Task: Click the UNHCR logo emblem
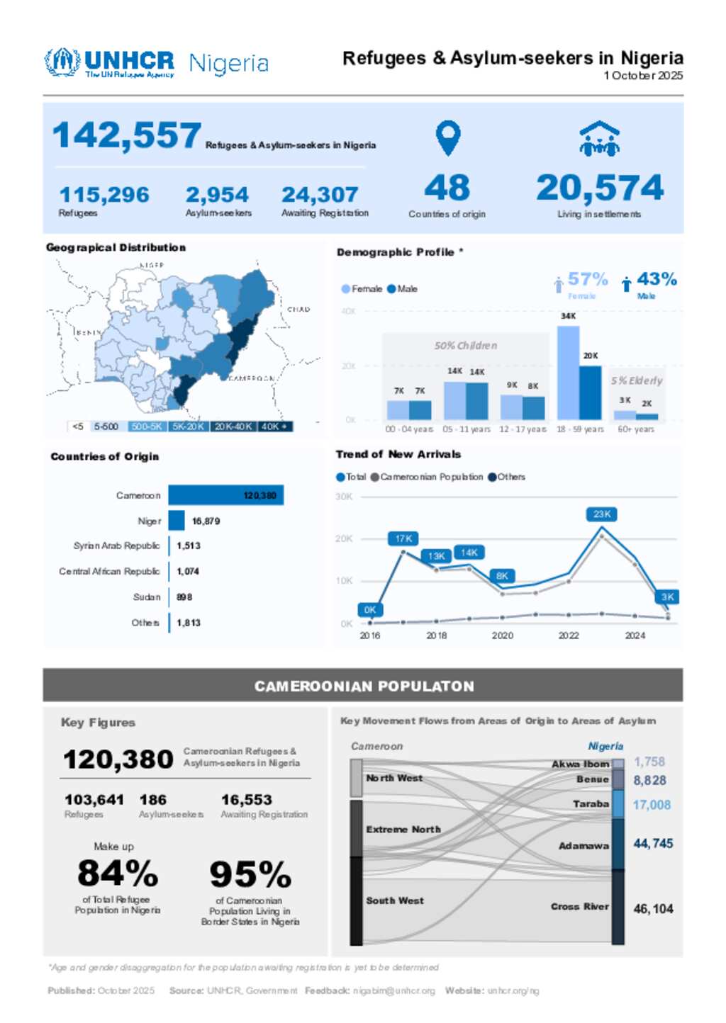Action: pyautogui.click(x=62, y=62)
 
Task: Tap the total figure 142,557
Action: pyautogui.click(x=127, y=135)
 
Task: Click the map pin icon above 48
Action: pyautogui.click(x=447, y=137)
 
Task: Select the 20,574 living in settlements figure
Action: pyautogui.click(x=600, y=188)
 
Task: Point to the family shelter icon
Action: pyautogui.click(x=599, y=139)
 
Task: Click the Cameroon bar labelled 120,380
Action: pyautogui.click(x=225, y=495)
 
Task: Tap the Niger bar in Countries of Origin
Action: pyautogui.click(x=177, y=521)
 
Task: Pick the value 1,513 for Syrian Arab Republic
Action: pyautogui.click(x=189, y=546)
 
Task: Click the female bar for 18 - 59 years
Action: pyautogui.click(x=568, y=373)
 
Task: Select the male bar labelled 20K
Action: pyautogui.click(x=590, y=392)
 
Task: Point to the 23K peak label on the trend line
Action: pyautogui.click(x=602, y=514)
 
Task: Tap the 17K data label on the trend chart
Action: pyautogui.click(x=403, y=538)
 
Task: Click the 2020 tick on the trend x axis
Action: pyautogui.click(x=502, y=635)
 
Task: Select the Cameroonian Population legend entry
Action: pyautogui.click(x=427, y=477)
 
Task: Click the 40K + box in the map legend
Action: pyautogui.click(x=275, y=426)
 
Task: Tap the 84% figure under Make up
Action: pyautogui.click(x=118, y=873)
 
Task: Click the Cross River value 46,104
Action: pyautogui.click(x=653, y=908)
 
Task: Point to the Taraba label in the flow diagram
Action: pyautogui.click(x=591, y=804)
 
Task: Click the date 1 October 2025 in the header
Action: pyautogui.click(x=643, y=76)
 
